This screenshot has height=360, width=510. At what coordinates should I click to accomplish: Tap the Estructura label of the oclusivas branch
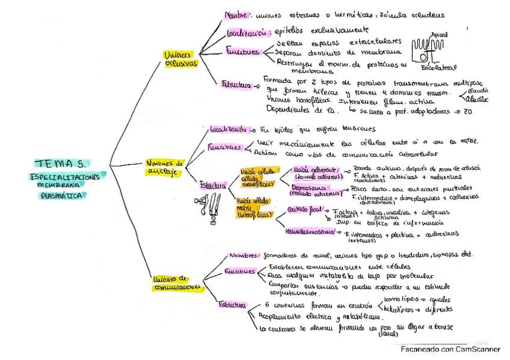(x=236, y=85)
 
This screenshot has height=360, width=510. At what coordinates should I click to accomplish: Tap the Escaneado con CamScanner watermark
(x=450, y=349)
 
